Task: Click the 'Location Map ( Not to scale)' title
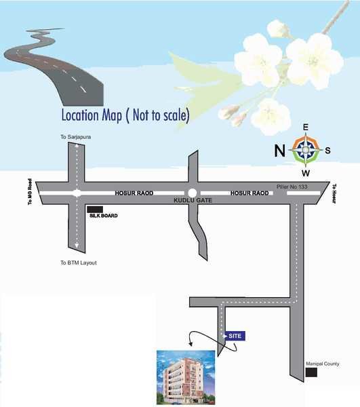125,115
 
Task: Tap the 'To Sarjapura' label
75,137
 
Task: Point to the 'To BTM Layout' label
79,262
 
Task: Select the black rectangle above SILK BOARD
95,209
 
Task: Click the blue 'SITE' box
234,335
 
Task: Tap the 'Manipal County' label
322,363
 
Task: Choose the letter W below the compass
306,172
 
